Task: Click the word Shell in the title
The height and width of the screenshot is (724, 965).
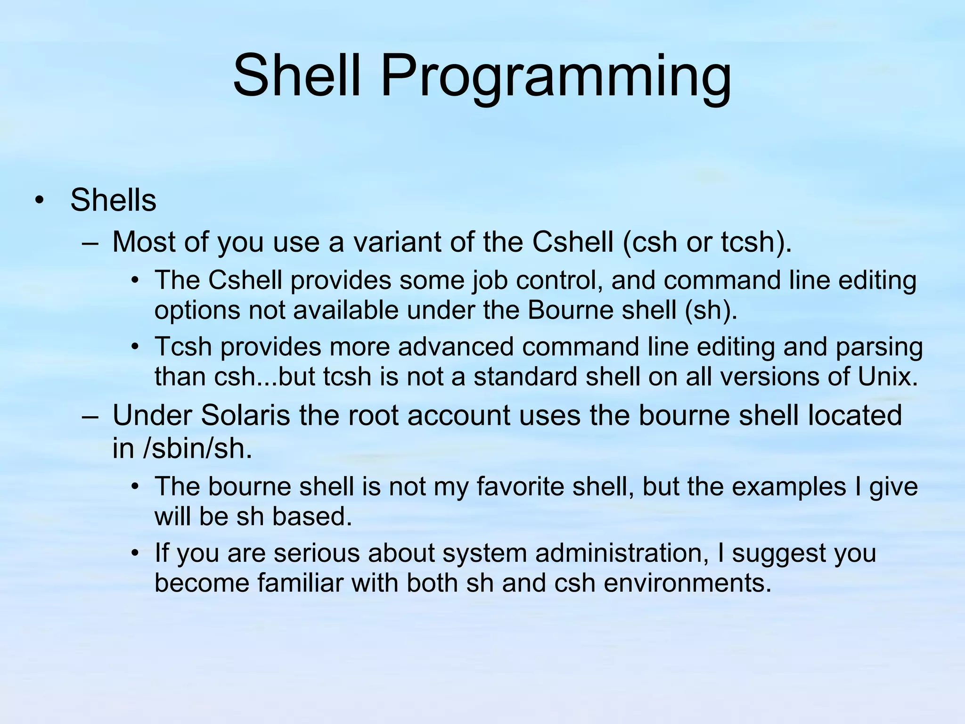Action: (x=297, y=75)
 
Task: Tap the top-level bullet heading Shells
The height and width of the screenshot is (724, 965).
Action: (x=113, y=200)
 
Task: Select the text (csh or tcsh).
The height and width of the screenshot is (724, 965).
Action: (x=707, y=242)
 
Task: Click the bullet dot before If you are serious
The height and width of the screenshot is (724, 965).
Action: (x=135, y=553)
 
